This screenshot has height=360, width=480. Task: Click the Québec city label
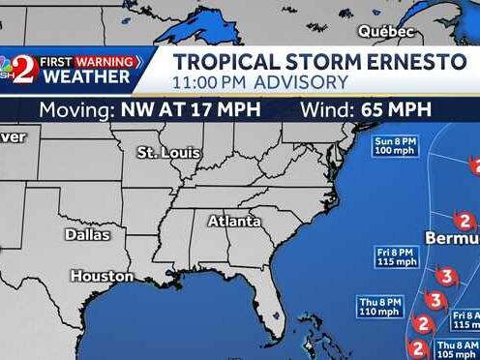pos(386,32)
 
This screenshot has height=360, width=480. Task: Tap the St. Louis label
pos(168,153)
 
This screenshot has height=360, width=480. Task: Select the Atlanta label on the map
pos(234,221)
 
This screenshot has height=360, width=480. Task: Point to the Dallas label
pos(87,234)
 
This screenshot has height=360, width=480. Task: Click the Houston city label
pos(102,277)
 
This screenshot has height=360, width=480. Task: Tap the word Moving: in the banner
pos(76,109)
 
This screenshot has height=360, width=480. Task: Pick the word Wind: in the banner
pos(328,109)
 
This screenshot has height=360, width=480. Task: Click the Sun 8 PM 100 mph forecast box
pos(397,147)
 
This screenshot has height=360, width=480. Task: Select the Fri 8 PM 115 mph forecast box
pos(397,256)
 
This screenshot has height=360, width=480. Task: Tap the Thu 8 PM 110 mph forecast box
pos(382,307)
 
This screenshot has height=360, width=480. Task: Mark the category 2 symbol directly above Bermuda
pos(466,220)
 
